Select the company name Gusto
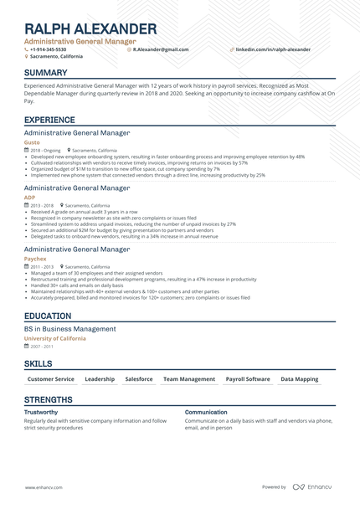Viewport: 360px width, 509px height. (31, 143)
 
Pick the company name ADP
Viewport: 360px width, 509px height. (29, 197)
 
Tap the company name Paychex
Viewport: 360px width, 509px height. (35, 260)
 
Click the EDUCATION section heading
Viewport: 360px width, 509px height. (48, 316)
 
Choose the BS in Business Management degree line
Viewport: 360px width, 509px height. (70, 329)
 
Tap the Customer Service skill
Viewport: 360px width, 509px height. (52, 379)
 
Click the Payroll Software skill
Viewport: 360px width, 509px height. (248, 379)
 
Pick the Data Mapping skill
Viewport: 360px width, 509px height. (299, 379)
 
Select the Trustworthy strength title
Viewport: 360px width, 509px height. (41, 412)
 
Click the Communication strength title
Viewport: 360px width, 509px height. (205, 412)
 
